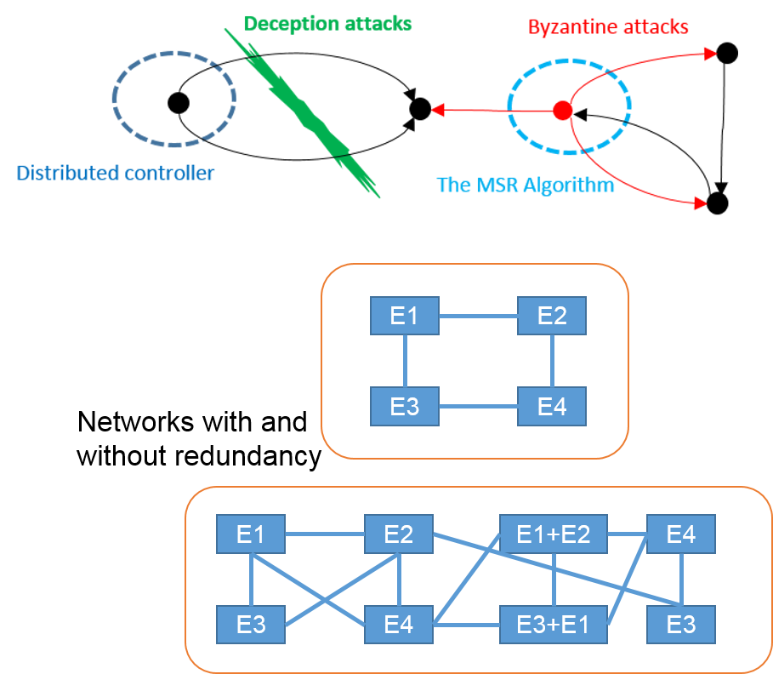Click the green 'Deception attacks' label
(x=327, y=23)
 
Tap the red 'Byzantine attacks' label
(x=607, y=26)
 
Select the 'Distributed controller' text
(x=116, y=174)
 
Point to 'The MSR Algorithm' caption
(x=525, y=184)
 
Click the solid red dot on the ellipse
(x=561, y=110)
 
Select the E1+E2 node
(x=553, y=534)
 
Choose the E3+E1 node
(x=553, y=625)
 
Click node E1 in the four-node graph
(x=404, y=316)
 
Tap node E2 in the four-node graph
(x=552, y=316)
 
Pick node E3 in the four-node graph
(x=404, y=406)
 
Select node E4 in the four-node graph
(x=552, y=406)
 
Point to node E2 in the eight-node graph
(x=398, y=534)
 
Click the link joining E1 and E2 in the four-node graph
(x=478, y=316)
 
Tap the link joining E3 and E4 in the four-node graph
(x=478, y=406)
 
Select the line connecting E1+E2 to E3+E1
(x=554, y=580)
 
